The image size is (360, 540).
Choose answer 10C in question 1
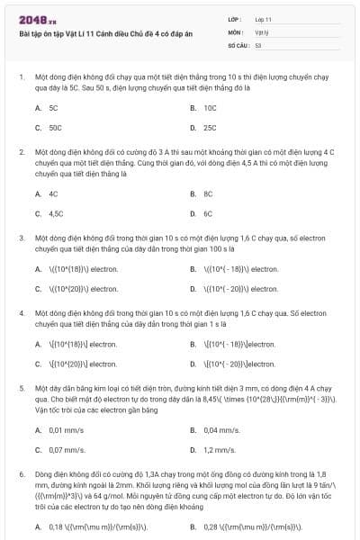[x=210, y=107]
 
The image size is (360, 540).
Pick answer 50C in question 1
[x=55, y=128]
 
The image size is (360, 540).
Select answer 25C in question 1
[x=210, y=128]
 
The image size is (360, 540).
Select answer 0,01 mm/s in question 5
[x=60, y=430]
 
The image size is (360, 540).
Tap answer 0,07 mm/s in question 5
[x=60, y=450]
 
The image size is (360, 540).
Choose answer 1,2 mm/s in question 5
[x=215, y=450]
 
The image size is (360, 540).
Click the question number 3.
[x=21, y=238]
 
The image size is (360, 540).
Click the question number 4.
[x=21, y=312]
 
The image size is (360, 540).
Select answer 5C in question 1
[x=53, y=107]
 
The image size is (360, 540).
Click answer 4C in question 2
[x=53, y=193]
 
